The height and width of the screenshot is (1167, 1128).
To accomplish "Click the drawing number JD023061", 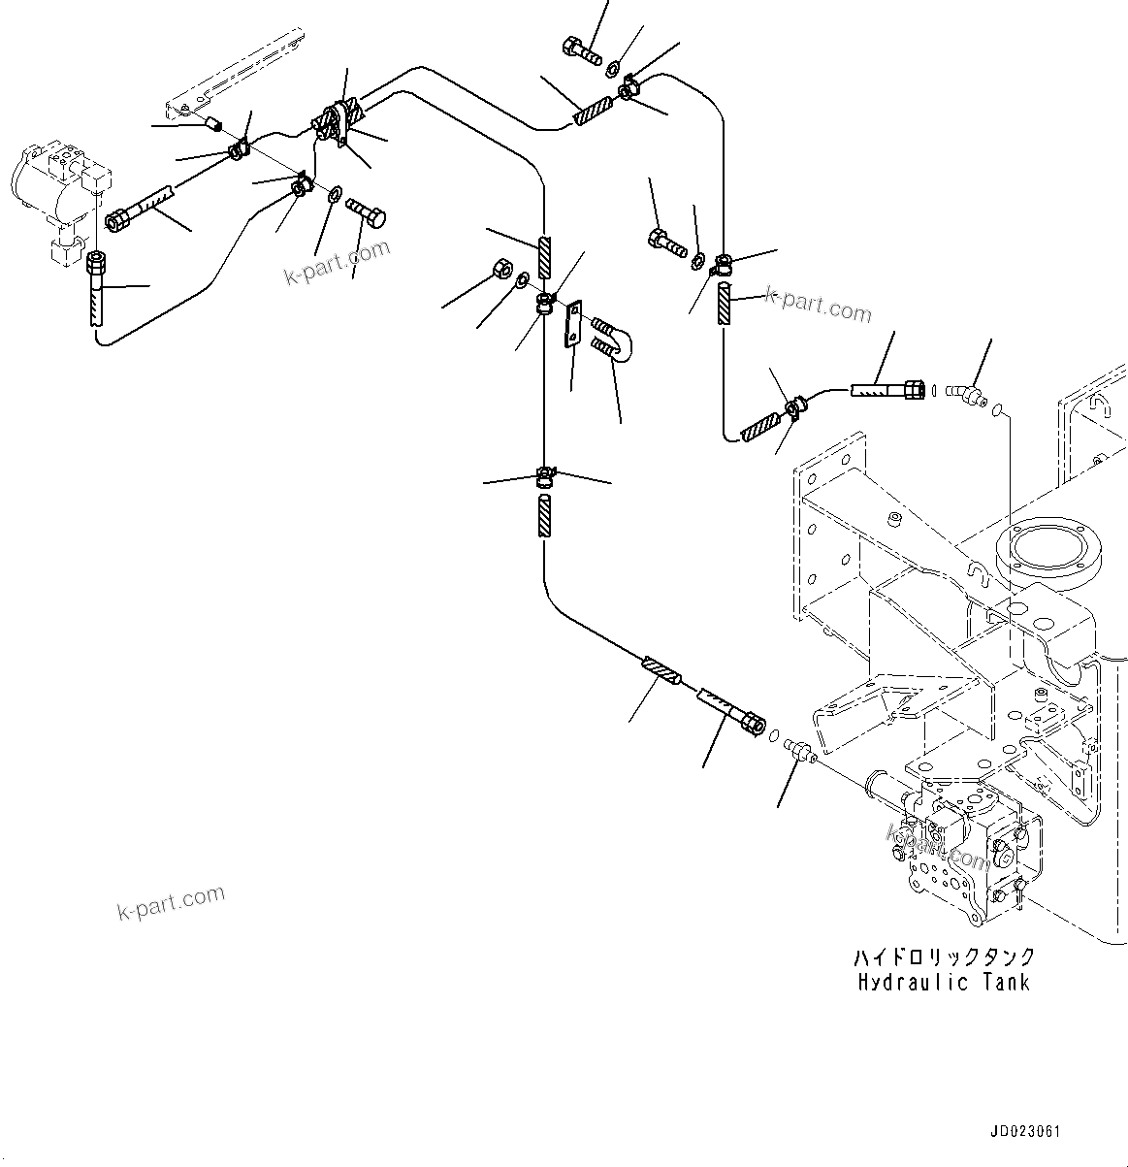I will [1025, 1131].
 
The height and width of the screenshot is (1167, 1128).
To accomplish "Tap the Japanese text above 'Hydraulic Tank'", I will [944, 956].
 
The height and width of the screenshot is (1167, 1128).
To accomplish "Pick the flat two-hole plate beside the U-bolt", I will [573, 323].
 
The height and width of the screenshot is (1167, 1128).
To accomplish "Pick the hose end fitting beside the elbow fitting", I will [886, 390].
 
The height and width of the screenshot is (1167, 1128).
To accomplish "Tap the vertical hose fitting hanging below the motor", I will [95, 288].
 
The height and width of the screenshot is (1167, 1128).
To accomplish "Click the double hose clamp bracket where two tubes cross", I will [336, 121].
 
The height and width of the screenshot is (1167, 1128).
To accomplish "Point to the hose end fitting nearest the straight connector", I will [729, 711].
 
